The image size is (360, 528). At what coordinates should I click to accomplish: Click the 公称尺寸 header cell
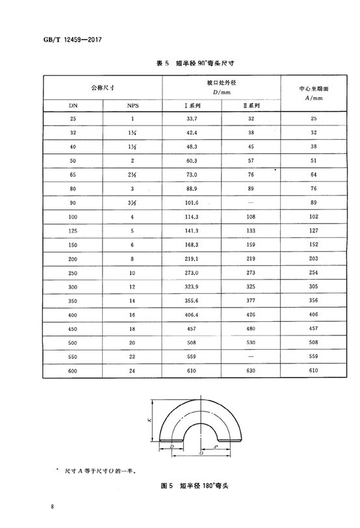(x=102, y=86)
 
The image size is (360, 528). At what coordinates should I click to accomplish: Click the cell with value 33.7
(x=192, y=118)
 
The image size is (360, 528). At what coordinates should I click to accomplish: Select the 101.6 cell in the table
(x=192, y=204)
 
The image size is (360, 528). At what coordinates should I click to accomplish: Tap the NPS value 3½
(x=132, y=204)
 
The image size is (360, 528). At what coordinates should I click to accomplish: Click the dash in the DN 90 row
(x=251, y=204)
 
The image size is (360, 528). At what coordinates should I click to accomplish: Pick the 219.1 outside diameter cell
(x=192, y=260)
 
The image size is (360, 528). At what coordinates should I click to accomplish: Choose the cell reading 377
(x=251, y=302)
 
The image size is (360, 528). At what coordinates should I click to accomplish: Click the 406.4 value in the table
(x=192, y=317)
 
